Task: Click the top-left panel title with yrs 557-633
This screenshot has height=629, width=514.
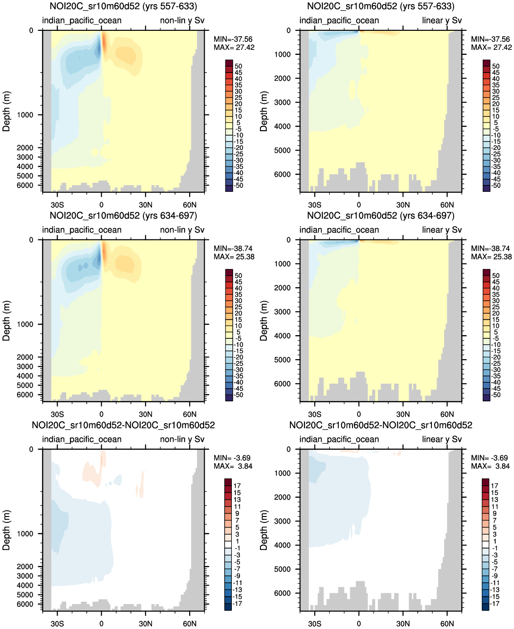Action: pyautogui.click(x=123, y=6)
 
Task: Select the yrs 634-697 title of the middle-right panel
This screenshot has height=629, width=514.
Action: pyautogui.click(x=381, y=216)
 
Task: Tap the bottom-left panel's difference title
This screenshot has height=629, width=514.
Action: pyautogui.click(x=123, y=425)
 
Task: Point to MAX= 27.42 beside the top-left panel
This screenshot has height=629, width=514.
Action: pyautogui.click(x=234, y=48)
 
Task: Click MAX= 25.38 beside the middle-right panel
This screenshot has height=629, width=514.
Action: pyautogui.click(x=491, y=257)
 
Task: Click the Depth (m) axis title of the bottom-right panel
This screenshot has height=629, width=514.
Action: pyautogui.click(x=264, y=530)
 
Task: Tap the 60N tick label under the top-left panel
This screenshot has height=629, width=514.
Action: pyautogui.click(x=190, y=205)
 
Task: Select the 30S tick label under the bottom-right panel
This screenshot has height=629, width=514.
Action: pyautogui.click(x=314, y=624)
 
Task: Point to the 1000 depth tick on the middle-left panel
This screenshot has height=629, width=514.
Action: pyautogui.click(x=25, y=324)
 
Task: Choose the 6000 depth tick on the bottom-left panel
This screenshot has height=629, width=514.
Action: pyautogui.click(x=25, y=604)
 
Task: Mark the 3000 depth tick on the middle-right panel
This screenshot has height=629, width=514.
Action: pyautogui.click(x=282, y=312)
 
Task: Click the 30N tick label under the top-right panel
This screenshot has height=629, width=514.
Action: pyautogui.click(x=403, y=205)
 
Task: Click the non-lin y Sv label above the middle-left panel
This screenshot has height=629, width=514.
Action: pyautogui.click(x=182, y=230)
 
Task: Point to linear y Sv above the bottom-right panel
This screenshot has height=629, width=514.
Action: pyautogui.click(x=442, y=439)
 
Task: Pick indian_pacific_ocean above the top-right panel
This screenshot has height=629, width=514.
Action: pyautogui.click(x=339, y=20)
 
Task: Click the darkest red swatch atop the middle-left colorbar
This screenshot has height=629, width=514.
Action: pyautogui.click(x=229, y=273)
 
